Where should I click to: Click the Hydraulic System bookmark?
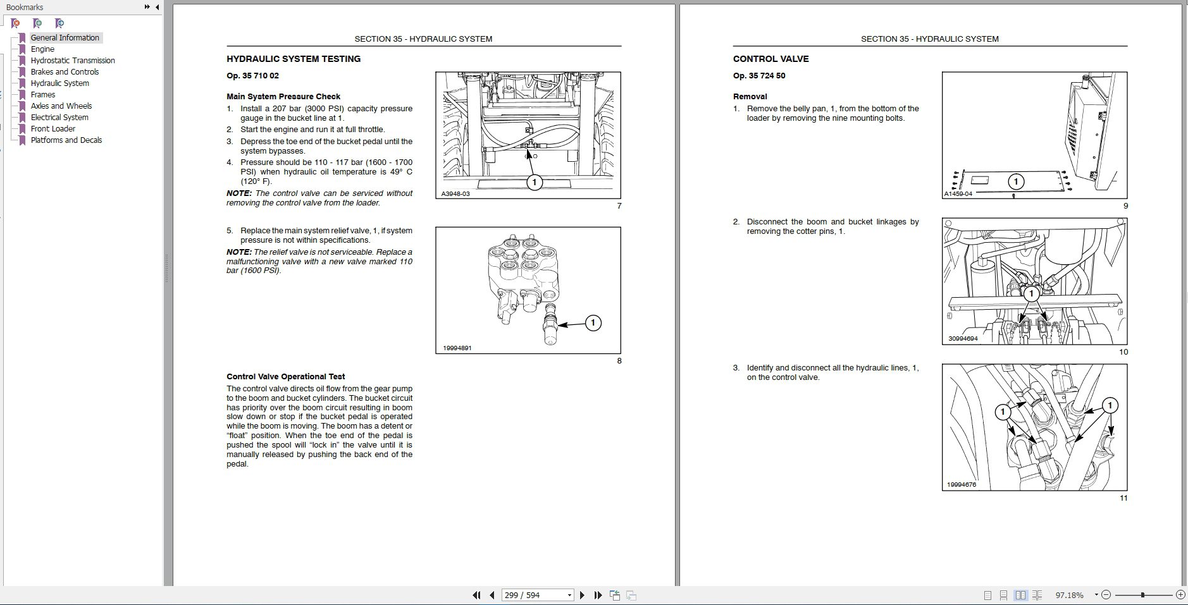pyautogui.click(x=59, y=83)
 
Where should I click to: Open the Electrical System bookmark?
pyautogui.click(x=59, y=118)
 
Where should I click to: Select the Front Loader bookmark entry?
pyautogui.click(x=53, y=129)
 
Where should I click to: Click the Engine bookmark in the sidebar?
pyautogui.click(x=42, y=49)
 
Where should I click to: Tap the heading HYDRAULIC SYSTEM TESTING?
pyautogui.click(x=294, y=59)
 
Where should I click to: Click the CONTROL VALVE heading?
pyautogui.click(x=770, y=59)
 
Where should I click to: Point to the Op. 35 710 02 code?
pyautogui.click(x=252, y=76)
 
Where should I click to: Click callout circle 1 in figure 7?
pyautogui.click(x=535, y=183)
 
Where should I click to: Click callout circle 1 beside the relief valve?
pyautogui.click(x=593, y=323)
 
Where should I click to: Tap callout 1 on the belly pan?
pyautogui.click(x=1016, y=182)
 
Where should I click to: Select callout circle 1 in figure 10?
pyautogui.click(x=1032, y=293)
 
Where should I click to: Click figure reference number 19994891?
pyautogui.click(x=457, y=348)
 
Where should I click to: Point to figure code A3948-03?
pyautogui.click(x=455, y=194)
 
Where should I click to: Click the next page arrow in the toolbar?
pyautogui.click(x=583, y=595)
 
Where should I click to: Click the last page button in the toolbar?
pyautogui.click(x=598, y=595)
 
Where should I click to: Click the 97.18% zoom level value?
pyautogui.click(x=1069, y=595)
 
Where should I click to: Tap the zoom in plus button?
pyautogui.click(x=1180, y=595)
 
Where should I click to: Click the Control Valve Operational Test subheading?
pyautogui.click(x=285, y=377)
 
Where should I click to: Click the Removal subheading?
pyautogui.click(x=750, y=97)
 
